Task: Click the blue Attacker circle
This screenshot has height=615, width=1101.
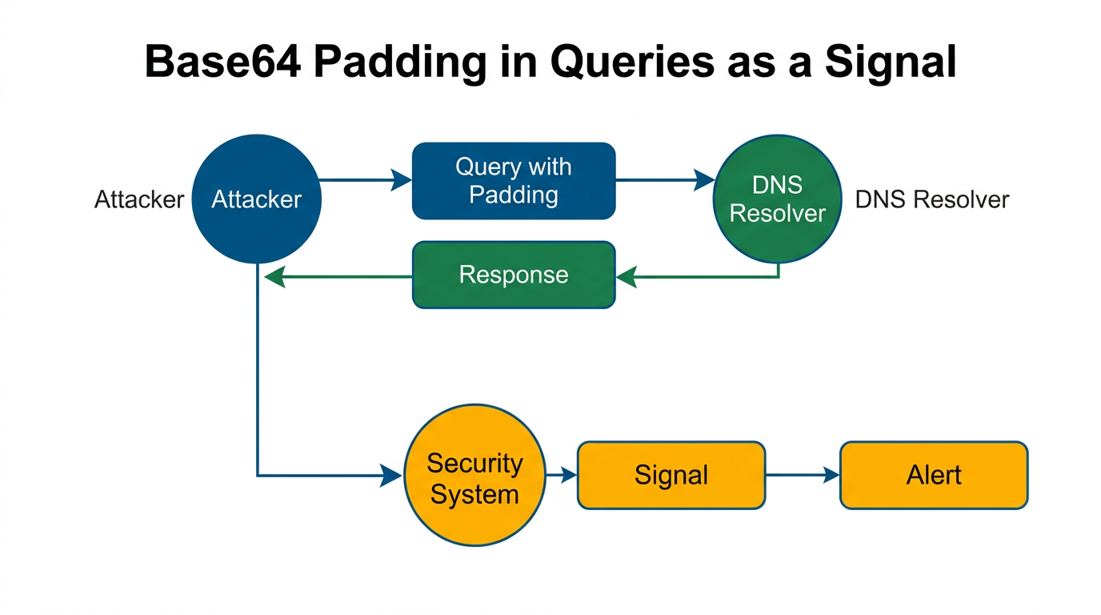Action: point(256,199)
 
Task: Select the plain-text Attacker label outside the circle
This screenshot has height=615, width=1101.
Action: point(139,199)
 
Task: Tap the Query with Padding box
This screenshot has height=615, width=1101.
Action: point(513,181)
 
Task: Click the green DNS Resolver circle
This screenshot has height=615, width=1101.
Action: point(777,199)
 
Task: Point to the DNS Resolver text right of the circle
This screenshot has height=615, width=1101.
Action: point(932,199)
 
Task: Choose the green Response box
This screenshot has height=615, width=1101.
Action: point(513,275)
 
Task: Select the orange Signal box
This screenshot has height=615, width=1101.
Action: point(671,475)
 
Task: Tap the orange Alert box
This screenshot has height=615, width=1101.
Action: point(933,475)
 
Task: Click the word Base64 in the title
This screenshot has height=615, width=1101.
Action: point(223,62)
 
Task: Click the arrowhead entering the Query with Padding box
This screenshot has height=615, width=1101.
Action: point(402,180)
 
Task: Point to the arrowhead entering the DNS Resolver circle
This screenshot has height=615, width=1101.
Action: point(704,180)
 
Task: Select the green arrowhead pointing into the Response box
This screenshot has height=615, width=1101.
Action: point(626,278)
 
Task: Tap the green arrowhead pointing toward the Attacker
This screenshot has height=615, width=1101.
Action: point(274,278)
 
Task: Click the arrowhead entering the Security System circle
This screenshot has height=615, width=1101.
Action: point(392,476)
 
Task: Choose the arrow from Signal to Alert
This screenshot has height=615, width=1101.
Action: point(803,475)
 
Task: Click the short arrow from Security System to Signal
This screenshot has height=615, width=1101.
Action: point(562,475)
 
